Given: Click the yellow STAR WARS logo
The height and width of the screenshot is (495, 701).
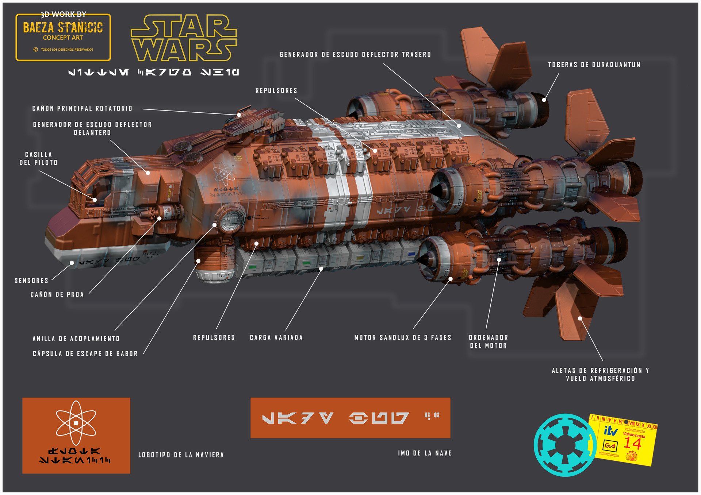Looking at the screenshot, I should pos(184,38).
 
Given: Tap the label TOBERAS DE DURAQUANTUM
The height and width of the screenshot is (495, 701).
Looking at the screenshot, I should pos(594,65).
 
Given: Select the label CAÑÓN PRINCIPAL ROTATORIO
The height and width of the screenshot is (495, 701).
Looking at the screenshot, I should pos(82,109).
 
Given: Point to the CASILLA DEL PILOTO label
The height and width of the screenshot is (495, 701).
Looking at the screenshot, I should pos(38,159).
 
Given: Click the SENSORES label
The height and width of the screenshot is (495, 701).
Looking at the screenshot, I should pos(31,281).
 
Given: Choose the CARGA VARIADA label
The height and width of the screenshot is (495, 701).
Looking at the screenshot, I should pos(276,338).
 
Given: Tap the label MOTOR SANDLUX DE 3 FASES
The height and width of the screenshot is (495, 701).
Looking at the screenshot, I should pos(403,338).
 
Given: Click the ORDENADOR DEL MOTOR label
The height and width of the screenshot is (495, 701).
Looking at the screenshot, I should pos(488,341).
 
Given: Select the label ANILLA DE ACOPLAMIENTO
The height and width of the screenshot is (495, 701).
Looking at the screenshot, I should pos(76,339).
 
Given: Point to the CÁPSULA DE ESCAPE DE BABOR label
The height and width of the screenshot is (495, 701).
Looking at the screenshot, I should pos(85,354).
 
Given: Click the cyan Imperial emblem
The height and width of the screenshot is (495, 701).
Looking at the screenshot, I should pos(565,445).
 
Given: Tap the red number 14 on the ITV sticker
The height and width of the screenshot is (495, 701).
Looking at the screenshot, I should pos(632,444).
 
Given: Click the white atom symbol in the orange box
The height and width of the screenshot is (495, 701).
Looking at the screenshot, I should pos(76,423).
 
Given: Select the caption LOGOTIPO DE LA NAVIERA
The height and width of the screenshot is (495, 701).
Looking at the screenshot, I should pos(181,455).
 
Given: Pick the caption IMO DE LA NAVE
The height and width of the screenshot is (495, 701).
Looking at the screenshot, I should pos(425,453).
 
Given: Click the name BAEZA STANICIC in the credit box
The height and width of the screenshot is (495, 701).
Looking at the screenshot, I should pos(63,28).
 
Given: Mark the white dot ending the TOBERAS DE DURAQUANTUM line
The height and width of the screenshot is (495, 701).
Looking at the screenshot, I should pos(544,100).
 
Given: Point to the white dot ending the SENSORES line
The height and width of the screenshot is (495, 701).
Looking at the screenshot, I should pos(72,263).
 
